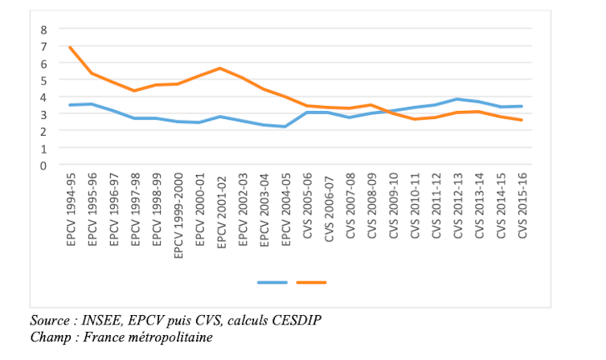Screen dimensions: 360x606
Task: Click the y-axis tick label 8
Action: [44, 29]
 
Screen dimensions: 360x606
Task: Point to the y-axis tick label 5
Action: [44, 80]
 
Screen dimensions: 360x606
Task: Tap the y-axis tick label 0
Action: [44, 165]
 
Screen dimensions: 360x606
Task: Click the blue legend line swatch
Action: [272, 282]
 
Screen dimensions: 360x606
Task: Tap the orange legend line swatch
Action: [311, 282]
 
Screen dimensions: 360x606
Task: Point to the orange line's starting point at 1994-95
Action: [71, 47]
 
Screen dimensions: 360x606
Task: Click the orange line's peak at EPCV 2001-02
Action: [220, 68]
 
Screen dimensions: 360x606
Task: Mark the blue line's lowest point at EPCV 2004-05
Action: [285, 126]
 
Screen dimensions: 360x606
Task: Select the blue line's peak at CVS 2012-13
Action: [456, 100]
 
